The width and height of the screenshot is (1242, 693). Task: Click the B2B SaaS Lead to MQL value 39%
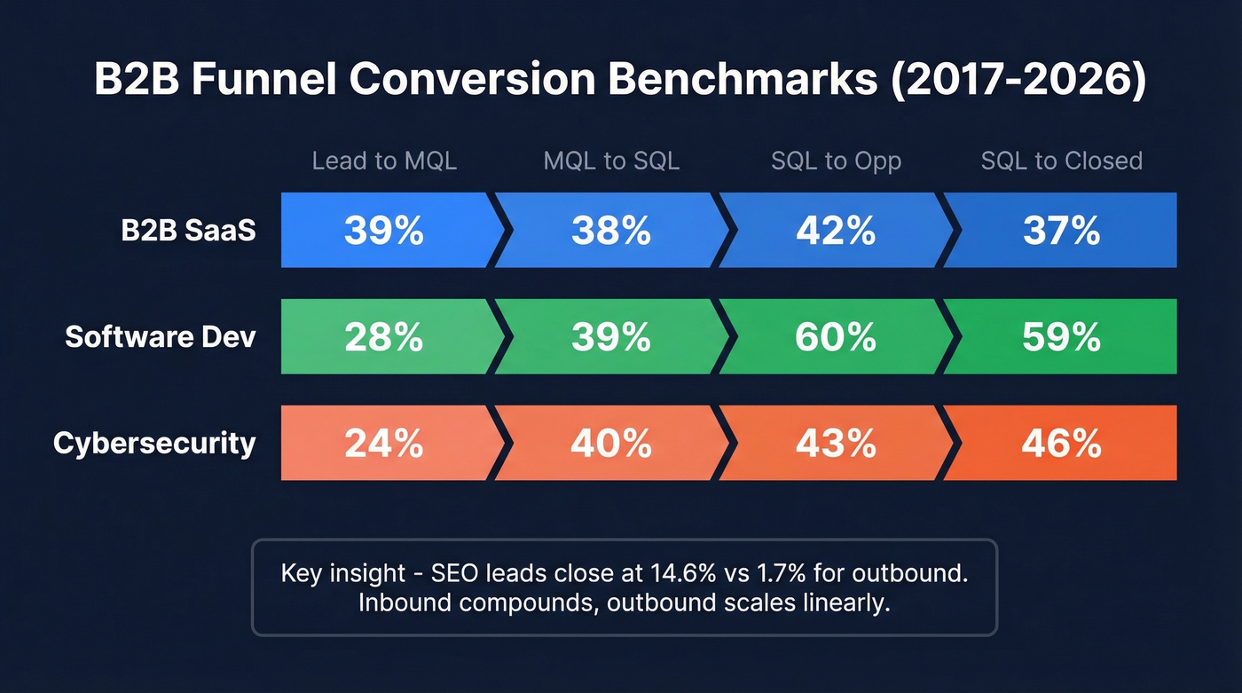click(x=383, y=231)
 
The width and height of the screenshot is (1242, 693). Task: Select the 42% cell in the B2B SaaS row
click(x=836, y=231)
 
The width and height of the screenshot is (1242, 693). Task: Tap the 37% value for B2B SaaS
click(x=1061, y=231)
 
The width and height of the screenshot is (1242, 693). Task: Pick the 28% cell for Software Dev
click(x=383, y=337)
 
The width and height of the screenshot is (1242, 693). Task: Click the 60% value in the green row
click(x=836, y=337)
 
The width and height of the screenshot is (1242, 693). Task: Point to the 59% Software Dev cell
click(x=1061, y=337)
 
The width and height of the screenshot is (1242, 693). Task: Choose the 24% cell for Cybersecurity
click(x=383, y=443)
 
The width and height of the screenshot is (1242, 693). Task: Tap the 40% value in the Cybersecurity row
click(x=611, y=443)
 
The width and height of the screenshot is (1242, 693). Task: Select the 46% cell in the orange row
click(x=1061, y=443)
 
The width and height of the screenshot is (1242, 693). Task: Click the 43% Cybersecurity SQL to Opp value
click(x=836, y=443)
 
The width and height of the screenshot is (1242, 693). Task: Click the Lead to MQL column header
click(x=384, y=161)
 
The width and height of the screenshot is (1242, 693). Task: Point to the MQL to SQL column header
click(x=611, y=161)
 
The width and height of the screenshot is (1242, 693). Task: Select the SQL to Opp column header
click(x=836, y=161)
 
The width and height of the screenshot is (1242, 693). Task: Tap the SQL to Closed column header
click(x=1061, y=161)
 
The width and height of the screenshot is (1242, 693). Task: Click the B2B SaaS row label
click(x=188, y=231)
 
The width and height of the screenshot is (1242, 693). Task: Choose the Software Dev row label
click(x=161, y=337)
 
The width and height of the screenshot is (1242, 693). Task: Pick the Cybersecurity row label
click(x=154, y=443)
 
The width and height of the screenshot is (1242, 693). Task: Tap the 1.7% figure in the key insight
click(x=758, y=573)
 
